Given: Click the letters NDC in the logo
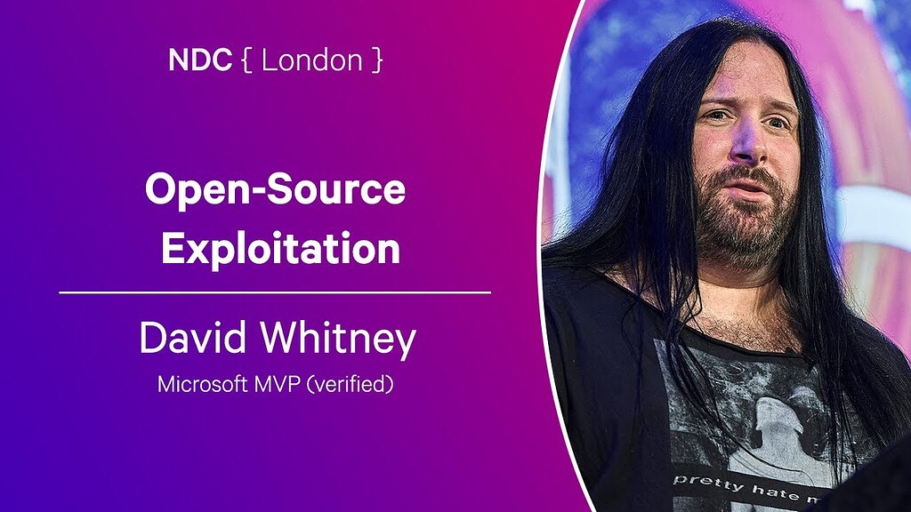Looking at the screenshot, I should coord(200,60).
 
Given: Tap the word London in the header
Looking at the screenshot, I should coord(301,60).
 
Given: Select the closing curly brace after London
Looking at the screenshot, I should coord(378,61).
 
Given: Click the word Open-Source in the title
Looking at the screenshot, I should coord(275,191).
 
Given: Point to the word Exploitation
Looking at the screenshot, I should coord(280,249).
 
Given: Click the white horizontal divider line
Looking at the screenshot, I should coord(275,292).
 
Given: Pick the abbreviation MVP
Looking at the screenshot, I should coord(277,385).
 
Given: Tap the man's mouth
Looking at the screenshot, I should coord(746,189).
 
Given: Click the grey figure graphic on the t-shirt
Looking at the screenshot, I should coord(774,418).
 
